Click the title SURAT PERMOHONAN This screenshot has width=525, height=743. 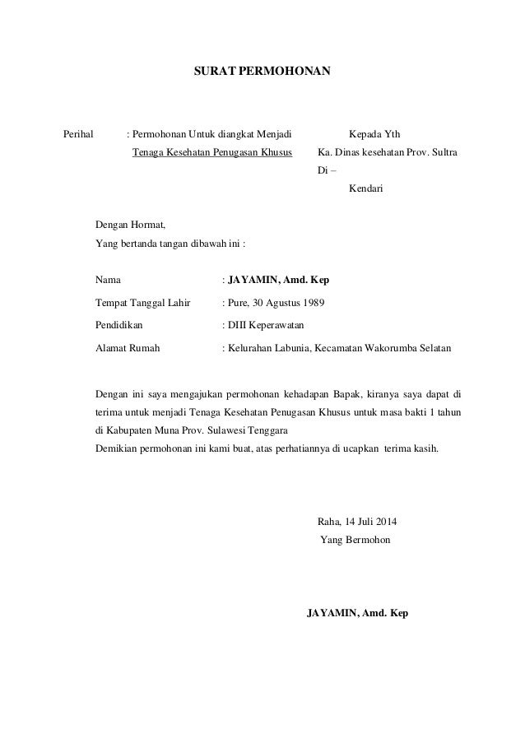262,72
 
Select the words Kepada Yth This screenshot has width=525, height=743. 375,134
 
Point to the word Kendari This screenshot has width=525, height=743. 366,188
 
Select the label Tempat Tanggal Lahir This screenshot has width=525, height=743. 143,303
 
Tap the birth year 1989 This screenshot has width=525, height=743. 312,303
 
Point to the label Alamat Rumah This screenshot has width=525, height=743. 128,348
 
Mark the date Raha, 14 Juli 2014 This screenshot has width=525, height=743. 355,522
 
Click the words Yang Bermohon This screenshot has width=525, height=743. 355,540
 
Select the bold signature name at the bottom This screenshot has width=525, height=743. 357,614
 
